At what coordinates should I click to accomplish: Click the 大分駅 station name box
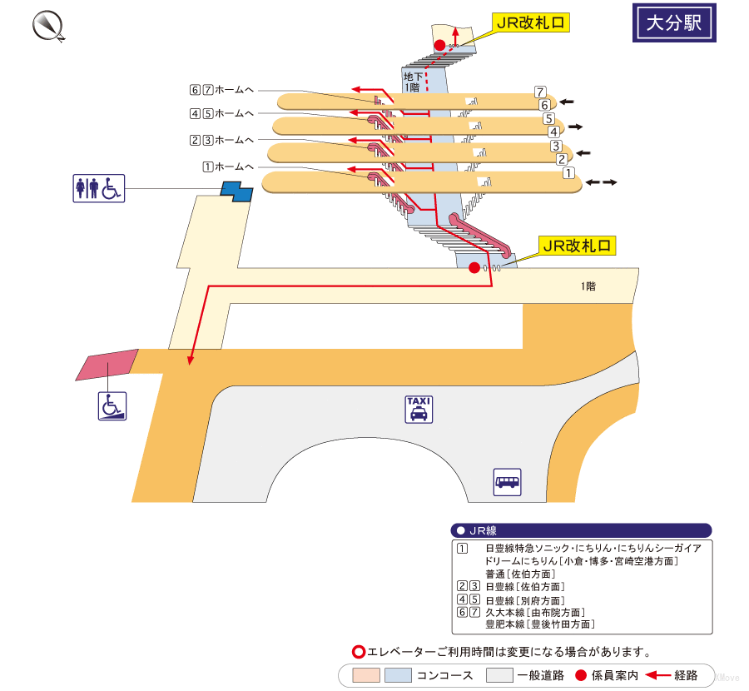(674, 23)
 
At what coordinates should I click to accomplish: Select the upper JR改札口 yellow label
(530, 23)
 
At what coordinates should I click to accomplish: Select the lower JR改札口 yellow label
(578, 246)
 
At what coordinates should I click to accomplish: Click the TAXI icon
(419, 409)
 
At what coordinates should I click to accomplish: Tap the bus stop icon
(507, 482)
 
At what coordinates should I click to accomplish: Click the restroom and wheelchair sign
(99, 188)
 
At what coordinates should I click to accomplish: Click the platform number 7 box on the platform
(540, 92)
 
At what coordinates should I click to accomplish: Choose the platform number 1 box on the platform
(568, 174)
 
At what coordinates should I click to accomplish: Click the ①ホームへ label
(226, 166)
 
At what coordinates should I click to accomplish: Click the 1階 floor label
(588, 286)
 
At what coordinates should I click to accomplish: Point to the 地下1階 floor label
(411, 82)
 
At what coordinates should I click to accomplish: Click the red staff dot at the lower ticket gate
(474, 267)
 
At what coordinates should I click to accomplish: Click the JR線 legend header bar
(581, 530)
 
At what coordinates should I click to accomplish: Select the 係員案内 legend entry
(607, 675)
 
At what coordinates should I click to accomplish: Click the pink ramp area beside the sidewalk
(107, 365)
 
